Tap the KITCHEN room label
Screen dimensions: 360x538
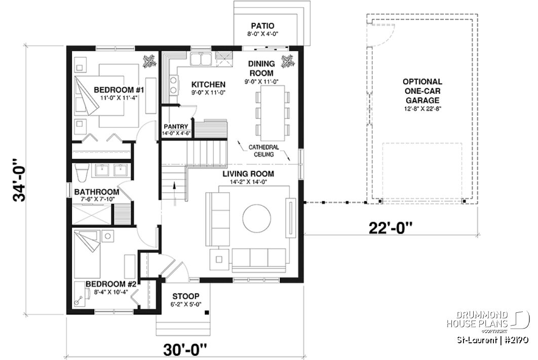(208, 84)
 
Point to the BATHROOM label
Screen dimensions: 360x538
(96, 192)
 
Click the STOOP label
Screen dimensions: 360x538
(186, 297)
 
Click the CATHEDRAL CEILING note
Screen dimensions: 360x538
(263, 151)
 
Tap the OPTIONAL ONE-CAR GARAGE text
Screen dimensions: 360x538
(422, 91)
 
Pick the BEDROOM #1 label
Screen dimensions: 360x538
(120, 90)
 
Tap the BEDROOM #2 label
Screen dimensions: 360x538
(111, 284)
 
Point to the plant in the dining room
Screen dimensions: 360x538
(287, 60)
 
